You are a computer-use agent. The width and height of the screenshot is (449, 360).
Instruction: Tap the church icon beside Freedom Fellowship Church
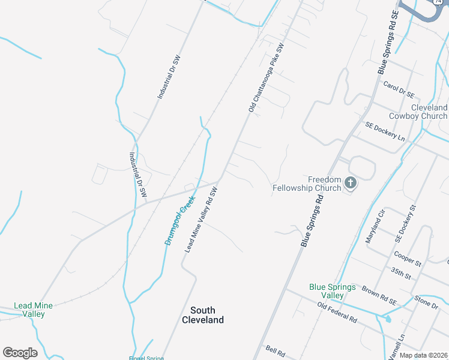[351, 183]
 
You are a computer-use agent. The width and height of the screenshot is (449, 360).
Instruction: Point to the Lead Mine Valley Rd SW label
[200, 220]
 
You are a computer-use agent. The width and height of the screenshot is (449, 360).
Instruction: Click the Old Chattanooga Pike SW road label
[265, 77]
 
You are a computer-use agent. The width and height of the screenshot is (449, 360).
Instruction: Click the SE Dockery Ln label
[385, 131]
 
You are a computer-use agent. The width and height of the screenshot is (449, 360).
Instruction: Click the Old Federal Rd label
[337, 313]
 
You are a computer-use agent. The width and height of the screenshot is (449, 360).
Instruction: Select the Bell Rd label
[274, 350]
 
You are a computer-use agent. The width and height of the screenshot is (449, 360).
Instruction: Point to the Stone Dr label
[426, 304]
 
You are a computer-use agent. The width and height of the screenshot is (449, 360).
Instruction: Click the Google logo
[20, 353]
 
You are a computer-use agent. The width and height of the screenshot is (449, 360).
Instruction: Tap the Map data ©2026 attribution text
[424, 355]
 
